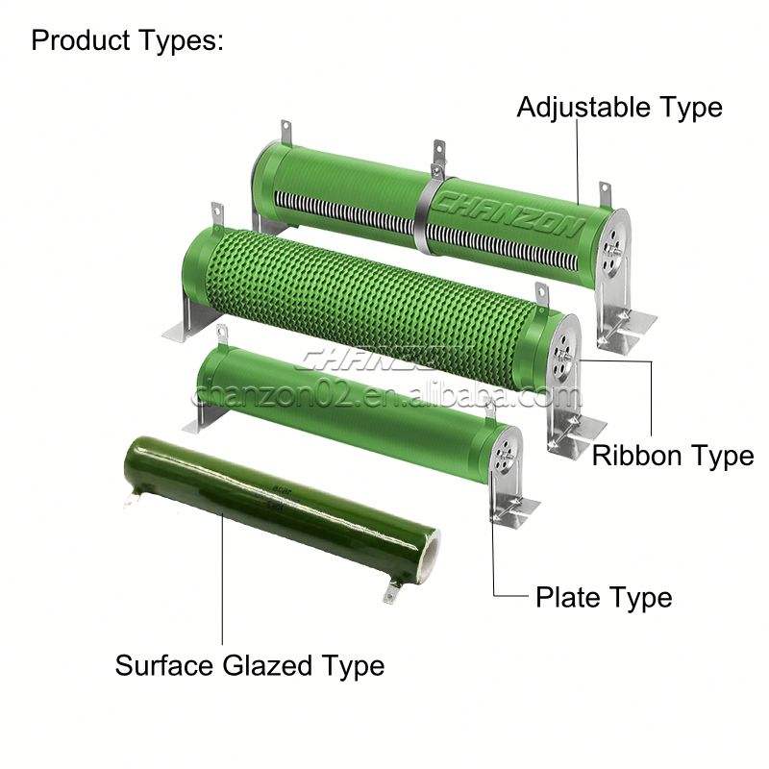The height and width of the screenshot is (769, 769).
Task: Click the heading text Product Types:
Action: (128, 41)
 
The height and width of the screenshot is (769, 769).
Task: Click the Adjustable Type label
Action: (619, 107)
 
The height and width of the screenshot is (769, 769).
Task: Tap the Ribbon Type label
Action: (672, 455)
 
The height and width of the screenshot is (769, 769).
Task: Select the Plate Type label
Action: (604, 598)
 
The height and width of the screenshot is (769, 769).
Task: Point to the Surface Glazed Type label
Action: (250, 664)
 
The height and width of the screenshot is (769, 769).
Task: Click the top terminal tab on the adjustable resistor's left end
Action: (285, 130)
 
